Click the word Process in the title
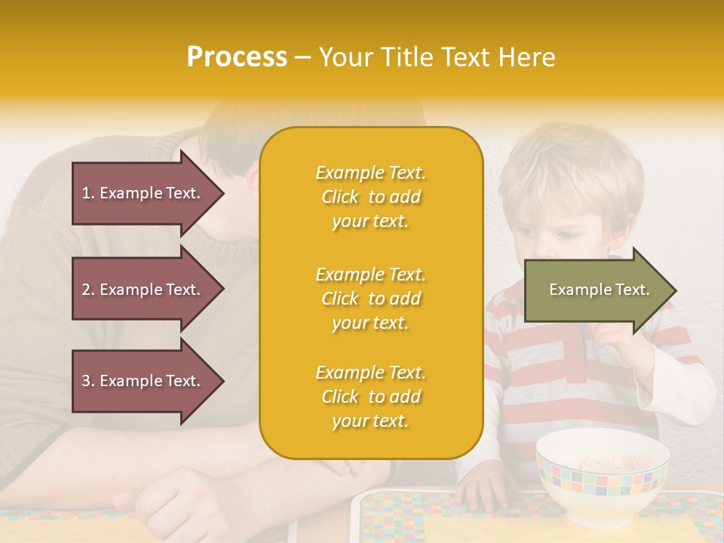coord(237,57)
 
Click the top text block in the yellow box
coord(370,197)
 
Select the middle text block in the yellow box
coord(370,299)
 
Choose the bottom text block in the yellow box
coord(370,397)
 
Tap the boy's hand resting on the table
coord(483,487)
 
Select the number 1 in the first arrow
coord(86,193)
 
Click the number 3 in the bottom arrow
coord(86,381)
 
